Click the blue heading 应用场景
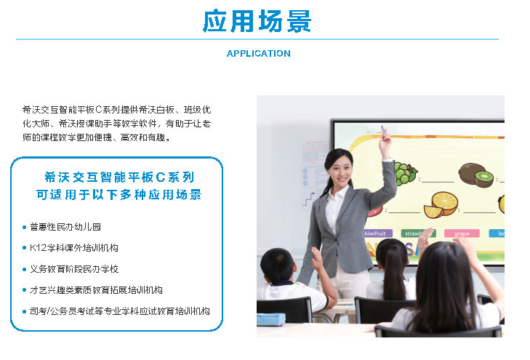point(257,21)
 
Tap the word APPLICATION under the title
point(259,53)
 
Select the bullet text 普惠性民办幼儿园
point(65,227)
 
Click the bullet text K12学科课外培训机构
point(74,248)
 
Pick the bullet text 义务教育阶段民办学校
point(74,269)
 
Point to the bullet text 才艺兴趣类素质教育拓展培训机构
point(96,290)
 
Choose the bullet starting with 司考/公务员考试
point(120,311)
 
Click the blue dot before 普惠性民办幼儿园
point(24,227)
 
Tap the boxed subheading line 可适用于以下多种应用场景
point(119,195)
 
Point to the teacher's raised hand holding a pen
point(385,139)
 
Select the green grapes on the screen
point(405,173)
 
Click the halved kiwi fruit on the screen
point(484,179)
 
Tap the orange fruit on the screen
point(441,204)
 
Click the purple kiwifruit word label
point(378,233)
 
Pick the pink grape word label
point(462,233)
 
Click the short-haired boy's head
point(278,266)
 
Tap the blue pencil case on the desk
point(271,319)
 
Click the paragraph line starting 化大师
point(116,124)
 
